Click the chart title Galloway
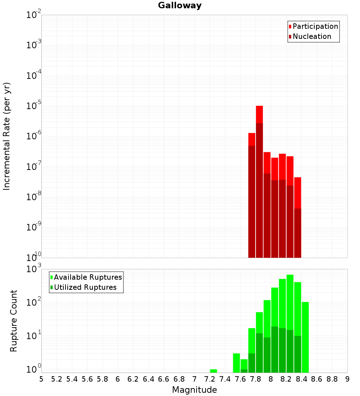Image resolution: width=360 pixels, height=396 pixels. [x=180, y=5]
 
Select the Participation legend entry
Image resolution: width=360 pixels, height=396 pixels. [x=315, y=26]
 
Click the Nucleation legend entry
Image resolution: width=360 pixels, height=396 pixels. [x=312, y=36]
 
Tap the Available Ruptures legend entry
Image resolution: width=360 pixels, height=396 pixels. [x=88, y=277]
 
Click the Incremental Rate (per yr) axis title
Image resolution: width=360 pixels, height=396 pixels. [x=7, y=136]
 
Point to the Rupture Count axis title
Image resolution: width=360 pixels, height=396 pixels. [x=14, y=321]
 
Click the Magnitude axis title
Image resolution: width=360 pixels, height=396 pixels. [x=194, y=390]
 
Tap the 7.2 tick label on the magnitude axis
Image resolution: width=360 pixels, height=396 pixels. [x=210, y=379]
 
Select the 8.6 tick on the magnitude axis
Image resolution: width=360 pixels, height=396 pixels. [x=317, y=379]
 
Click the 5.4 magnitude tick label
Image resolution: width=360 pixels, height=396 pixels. [x=72, y=379]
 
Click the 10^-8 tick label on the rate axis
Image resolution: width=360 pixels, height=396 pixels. [x=34, y=197]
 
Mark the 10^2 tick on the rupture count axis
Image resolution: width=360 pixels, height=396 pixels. [x=34, y=303]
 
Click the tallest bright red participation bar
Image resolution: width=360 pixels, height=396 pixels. [x=259, y=114]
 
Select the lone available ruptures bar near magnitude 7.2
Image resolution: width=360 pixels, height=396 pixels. [x=213, y=371]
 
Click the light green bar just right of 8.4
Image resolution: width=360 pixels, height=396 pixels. [x=305, y=337]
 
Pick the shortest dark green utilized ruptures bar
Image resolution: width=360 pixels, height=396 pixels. [x=244, y=371]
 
